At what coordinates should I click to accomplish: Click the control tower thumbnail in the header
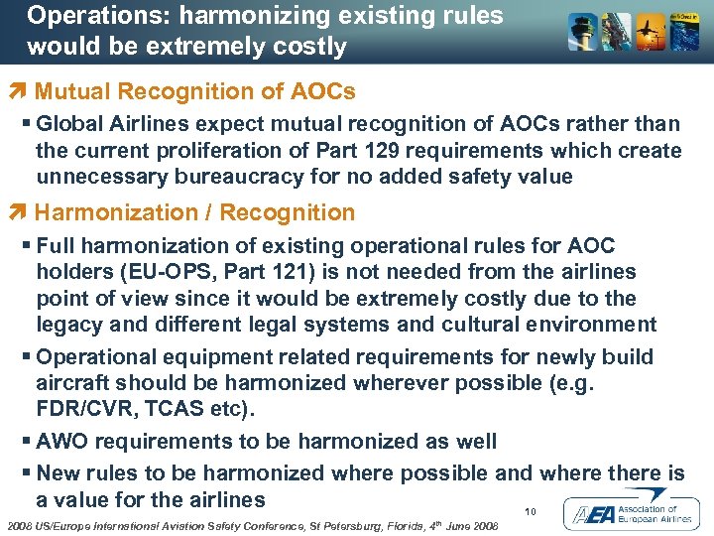pyautogui.click(x=582, y=33)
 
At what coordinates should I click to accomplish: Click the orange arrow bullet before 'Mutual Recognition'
pyautogui.click(x=23, y=91)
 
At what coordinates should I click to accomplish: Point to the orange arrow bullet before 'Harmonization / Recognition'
pyautogui.click(x=23, y=212)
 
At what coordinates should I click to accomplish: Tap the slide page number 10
pyautogui.click(x=531, y=512)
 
